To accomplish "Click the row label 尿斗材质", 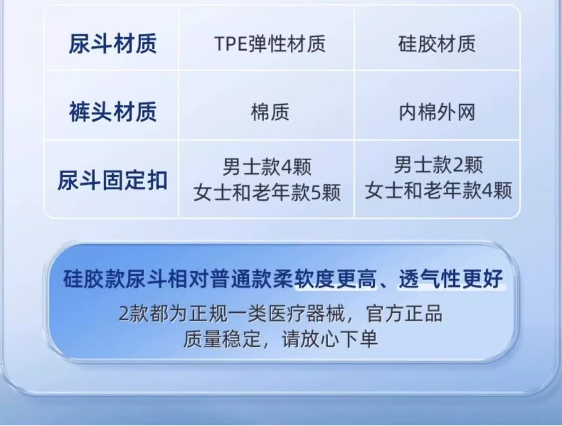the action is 113,44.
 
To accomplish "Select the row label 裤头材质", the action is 113,112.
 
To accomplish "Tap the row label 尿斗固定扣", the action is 113,180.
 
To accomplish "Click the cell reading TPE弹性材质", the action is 270,44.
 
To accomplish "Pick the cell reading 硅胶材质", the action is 437,44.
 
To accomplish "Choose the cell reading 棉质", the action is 270,112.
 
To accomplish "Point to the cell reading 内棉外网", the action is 437,112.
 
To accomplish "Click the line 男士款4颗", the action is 267,167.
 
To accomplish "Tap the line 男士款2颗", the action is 438,165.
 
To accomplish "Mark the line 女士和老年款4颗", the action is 438,190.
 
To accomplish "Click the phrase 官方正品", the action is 405,313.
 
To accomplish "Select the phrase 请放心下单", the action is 330,339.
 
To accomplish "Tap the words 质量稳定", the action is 222,339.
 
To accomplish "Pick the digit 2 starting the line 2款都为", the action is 124,314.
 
